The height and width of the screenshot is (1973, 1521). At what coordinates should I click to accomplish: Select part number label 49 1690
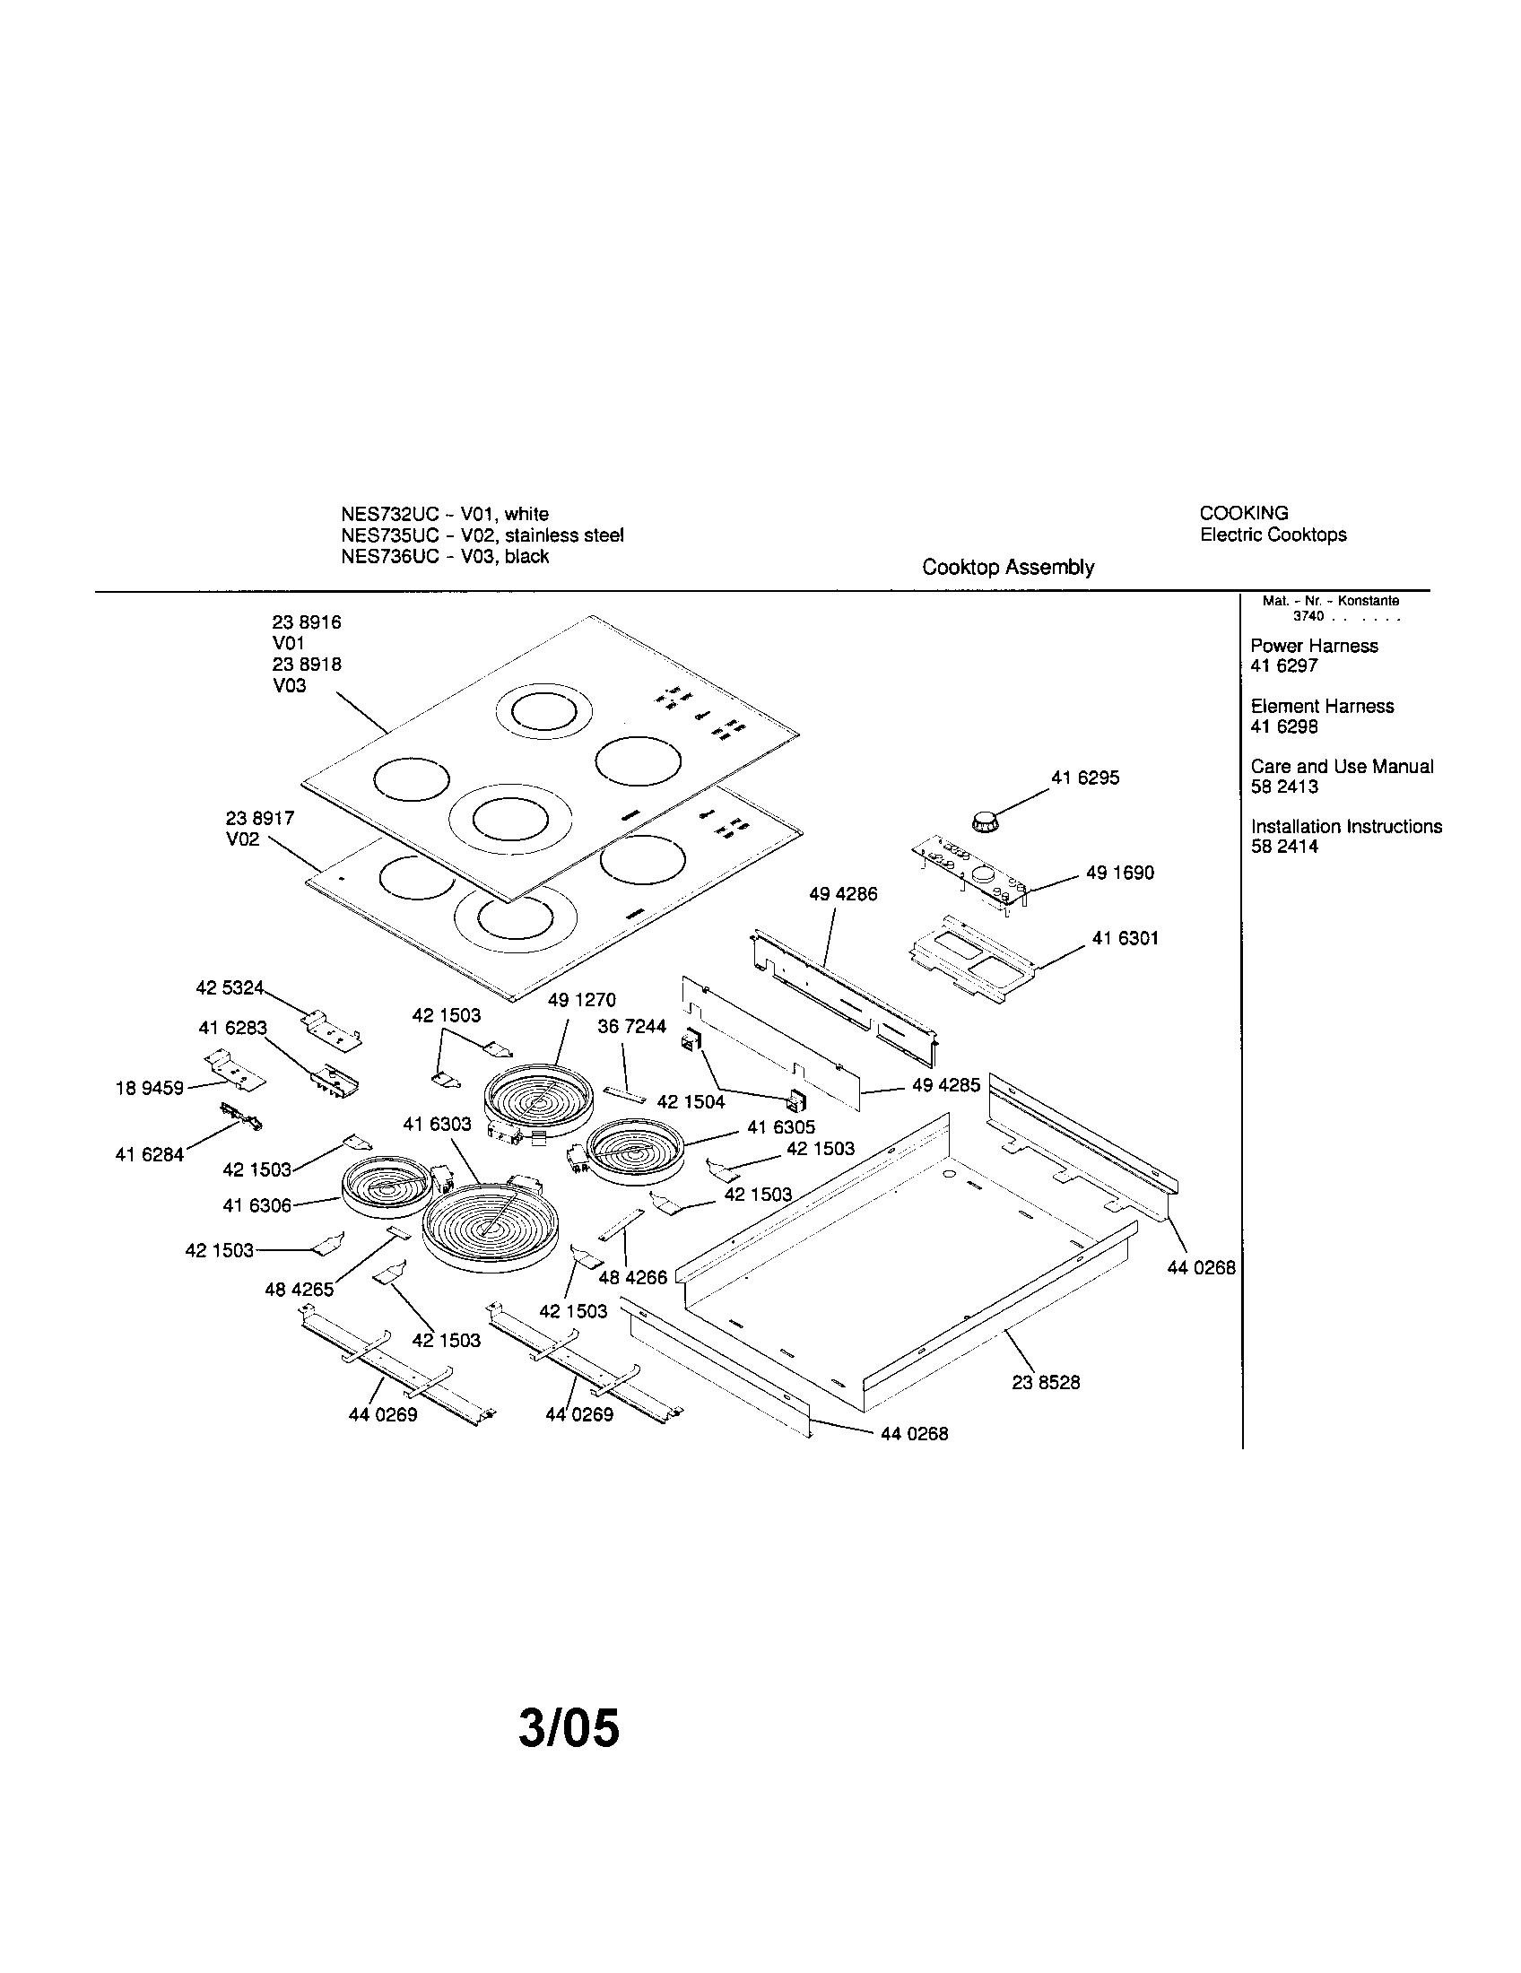pos(1120,873)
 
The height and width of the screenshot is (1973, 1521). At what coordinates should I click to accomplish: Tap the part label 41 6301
pos(1125,938)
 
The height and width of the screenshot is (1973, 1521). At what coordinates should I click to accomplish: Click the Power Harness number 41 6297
pos(1283,665)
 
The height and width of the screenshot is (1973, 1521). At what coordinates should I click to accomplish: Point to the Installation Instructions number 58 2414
pos(1283,847)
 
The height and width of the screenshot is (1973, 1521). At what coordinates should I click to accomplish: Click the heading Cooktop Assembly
pos(1007,568)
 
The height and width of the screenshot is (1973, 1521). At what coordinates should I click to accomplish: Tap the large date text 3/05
pos(569,1727)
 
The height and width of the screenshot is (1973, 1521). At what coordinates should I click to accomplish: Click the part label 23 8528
pos(1045,1382)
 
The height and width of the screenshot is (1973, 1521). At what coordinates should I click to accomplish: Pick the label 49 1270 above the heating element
pos(582,1000)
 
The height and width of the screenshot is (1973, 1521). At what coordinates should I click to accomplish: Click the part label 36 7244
pos(631,1026)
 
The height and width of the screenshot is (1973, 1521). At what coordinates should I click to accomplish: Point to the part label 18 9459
pos(149,1089)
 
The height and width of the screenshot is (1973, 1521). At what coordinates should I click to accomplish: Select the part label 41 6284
pos(149,1154)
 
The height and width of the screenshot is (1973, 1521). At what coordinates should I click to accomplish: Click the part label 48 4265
pos(299,1290)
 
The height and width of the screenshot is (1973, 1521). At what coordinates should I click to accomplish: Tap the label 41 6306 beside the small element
pos(256,1205)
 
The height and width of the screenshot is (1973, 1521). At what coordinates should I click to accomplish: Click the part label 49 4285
pos(945,1085)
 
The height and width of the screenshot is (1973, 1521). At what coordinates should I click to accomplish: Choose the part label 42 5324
pos(230,987)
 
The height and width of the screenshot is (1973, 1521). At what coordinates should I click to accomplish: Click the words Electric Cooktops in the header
pos(1273,535)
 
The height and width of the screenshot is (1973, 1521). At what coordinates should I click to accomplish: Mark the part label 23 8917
pos(259,818)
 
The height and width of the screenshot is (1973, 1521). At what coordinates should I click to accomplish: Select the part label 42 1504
pos(690,1101)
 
